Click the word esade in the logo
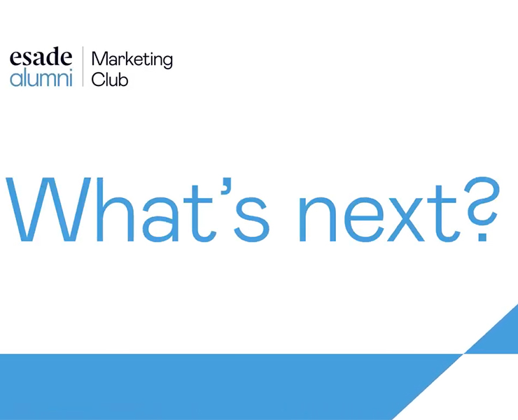41,57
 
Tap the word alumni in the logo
41,78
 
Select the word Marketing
132,59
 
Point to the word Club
110,79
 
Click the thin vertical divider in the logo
83,66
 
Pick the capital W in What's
48,209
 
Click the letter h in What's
115,209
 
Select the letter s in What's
251,219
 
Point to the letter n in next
317,219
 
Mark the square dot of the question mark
482,237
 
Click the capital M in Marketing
100,59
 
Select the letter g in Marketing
167,62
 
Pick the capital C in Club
97,80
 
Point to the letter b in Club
123,80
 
